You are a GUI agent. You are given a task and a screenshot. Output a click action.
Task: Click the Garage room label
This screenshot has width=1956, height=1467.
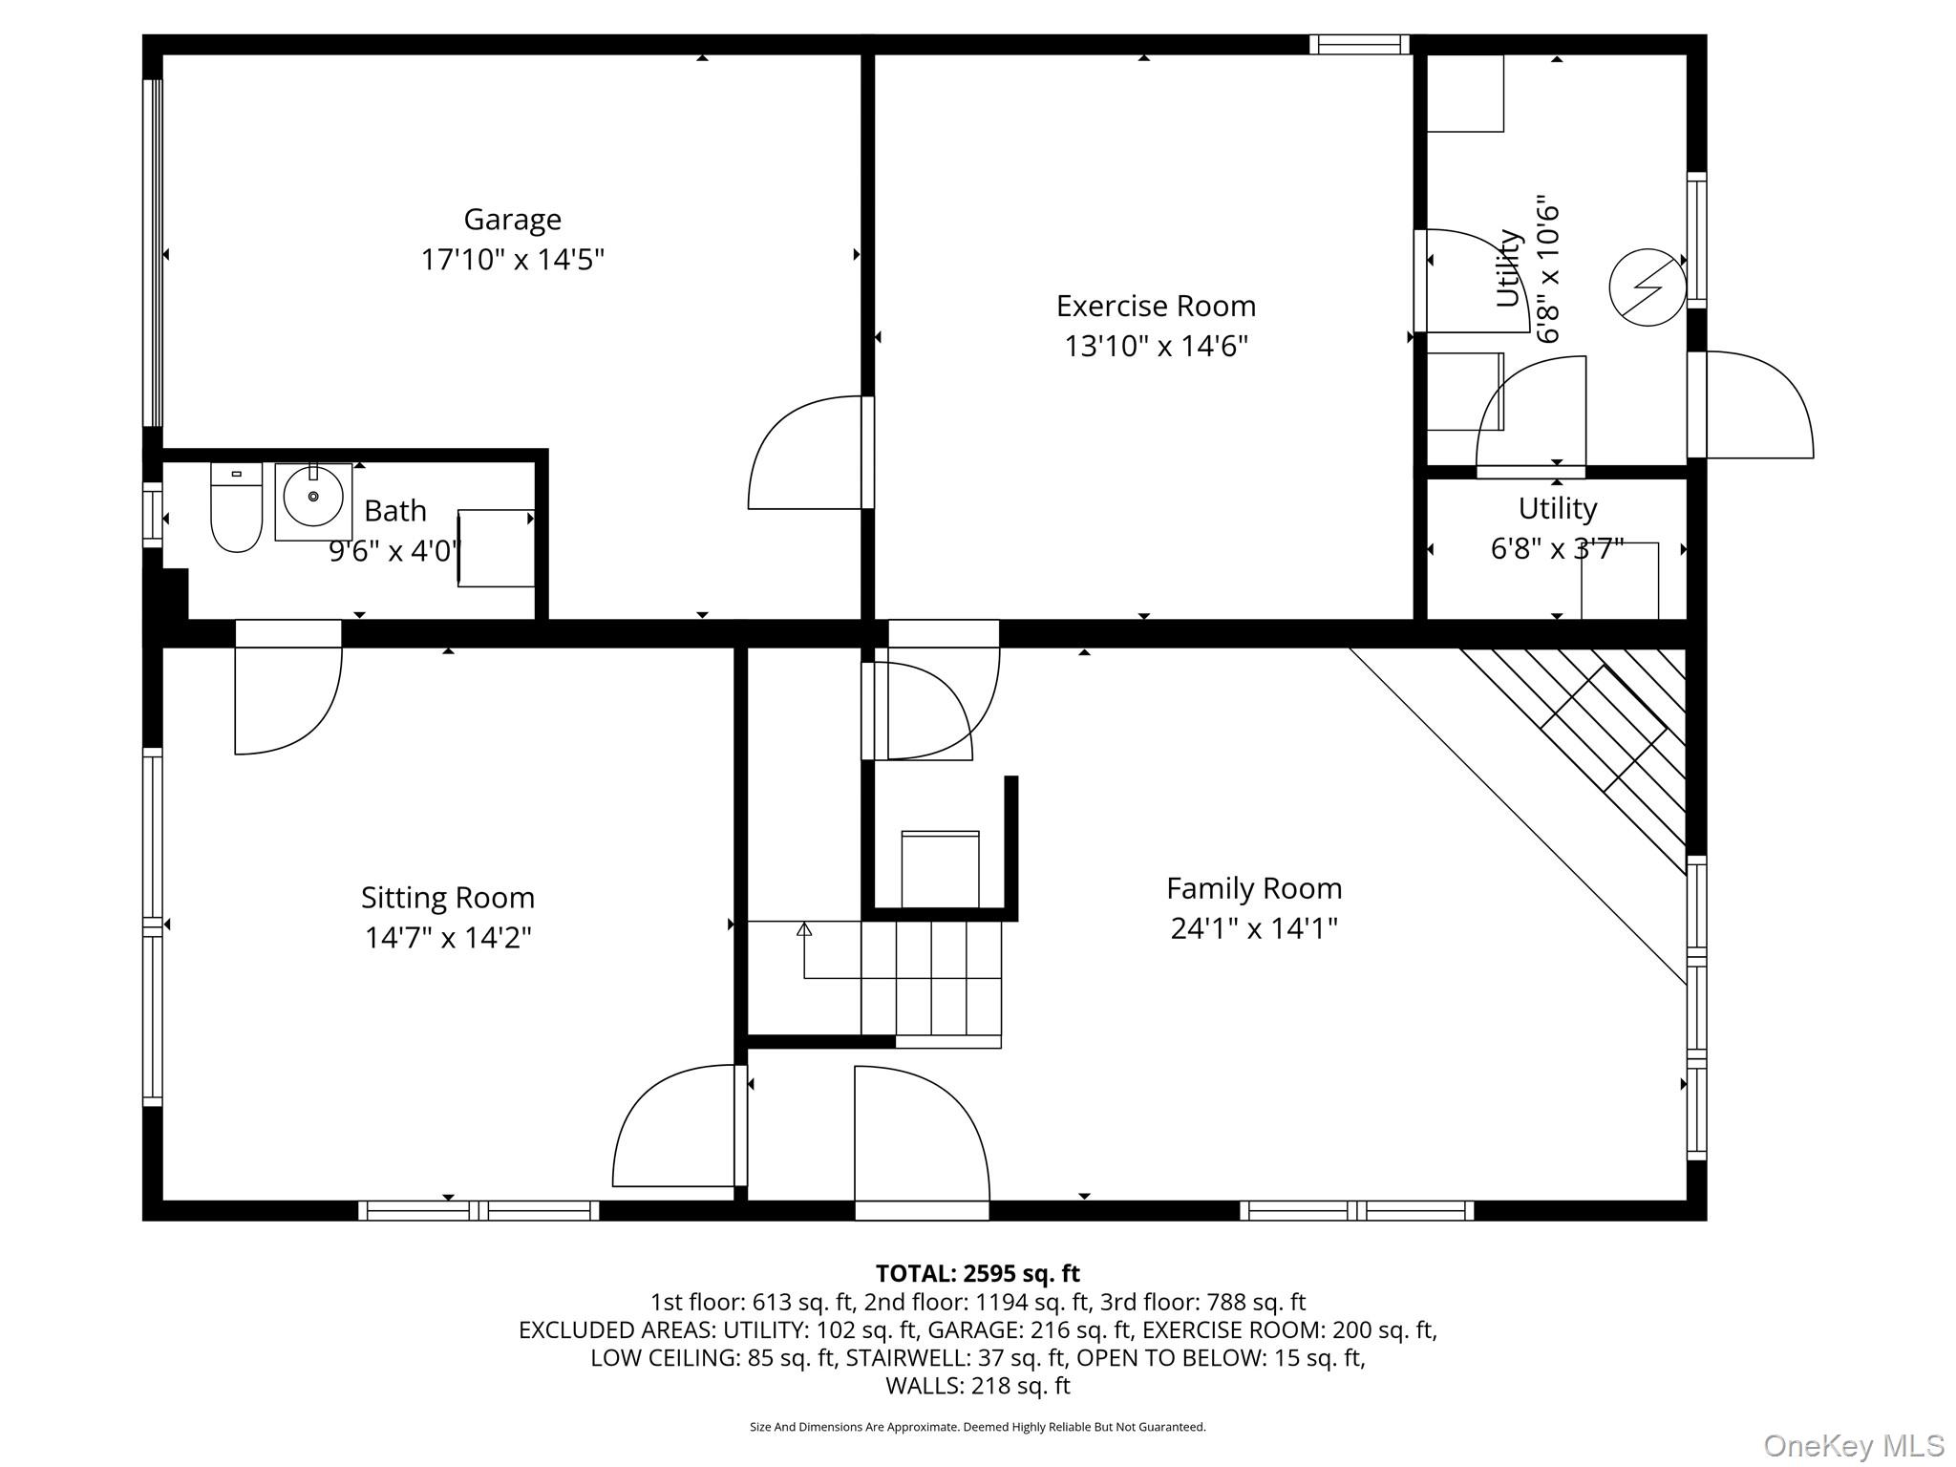coord(512,220)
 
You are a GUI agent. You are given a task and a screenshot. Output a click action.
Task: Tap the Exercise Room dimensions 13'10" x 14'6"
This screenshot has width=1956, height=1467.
coord(1156,346)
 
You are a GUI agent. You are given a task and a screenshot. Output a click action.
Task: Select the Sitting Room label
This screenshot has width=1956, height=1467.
coord(447,898)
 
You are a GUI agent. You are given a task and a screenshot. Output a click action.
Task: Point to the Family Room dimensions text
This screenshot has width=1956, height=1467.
coord(1254,928)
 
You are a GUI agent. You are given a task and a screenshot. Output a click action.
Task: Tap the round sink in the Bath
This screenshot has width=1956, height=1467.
coord(313,497)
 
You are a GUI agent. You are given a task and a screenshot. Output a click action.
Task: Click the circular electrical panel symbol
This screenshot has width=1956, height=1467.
coord(1648,287)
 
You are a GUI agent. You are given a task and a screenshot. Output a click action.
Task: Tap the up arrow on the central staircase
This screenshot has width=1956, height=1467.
coord(804,928)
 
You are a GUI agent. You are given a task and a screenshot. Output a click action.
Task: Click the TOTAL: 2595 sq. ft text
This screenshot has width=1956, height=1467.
coord(977,1273)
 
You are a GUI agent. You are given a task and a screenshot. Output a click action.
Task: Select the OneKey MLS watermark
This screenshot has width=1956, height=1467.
coord(1854,1445)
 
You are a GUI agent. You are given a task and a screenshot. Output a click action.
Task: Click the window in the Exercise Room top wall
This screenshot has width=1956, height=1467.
coord(1359,44)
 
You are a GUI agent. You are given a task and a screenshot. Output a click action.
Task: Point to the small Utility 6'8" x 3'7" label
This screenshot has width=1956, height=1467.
coord(1557,528)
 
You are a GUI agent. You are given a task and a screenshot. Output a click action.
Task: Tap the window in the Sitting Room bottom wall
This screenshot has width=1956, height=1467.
coord(478,1210)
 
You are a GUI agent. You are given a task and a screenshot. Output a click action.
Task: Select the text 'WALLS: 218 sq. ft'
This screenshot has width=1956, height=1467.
coord(977,1385)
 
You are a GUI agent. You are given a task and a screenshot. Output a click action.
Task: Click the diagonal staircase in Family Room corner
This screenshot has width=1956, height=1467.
coord(1574,760)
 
